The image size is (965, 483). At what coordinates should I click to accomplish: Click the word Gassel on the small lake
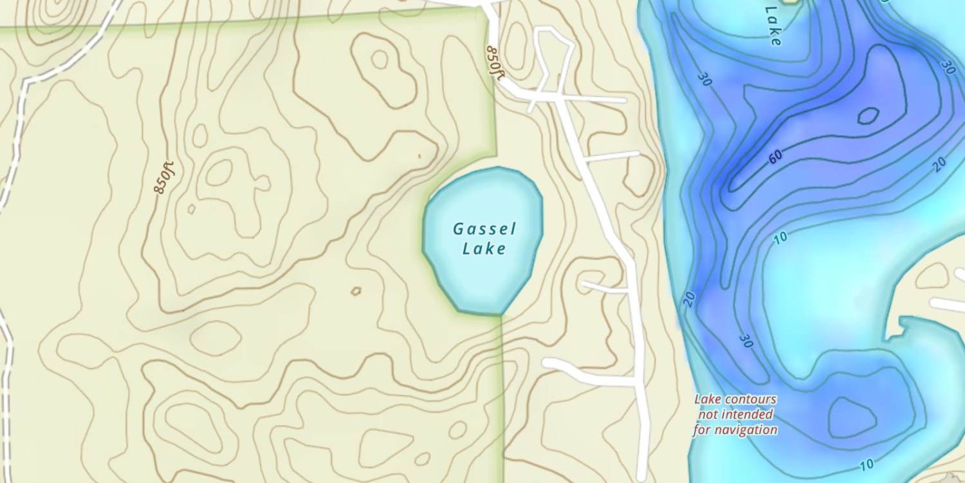[484, 229]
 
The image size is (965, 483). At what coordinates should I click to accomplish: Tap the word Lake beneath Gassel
[484, 249]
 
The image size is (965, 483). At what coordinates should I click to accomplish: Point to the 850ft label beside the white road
[495, 62]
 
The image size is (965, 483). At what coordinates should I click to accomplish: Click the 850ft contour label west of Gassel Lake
[165, 177]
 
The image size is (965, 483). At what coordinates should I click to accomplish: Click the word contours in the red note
[753, 400]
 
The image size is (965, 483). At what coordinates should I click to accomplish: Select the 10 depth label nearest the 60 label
[780, 238]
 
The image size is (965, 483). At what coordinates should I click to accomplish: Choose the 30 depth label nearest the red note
[746, 341]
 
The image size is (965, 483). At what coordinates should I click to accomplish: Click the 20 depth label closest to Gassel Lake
[689, 298]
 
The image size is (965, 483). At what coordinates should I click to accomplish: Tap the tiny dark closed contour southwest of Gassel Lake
[356, 291]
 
